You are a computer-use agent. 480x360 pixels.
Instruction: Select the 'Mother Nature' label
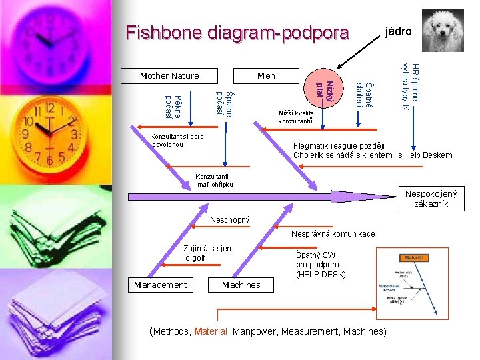(169, 75)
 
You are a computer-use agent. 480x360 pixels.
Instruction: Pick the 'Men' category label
(266, 75)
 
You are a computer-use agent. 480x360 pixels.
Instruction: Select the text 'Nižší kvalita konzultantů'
(295, 117)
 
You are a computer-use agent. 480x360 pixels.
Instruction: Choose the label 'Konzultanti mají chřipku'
(215, 180)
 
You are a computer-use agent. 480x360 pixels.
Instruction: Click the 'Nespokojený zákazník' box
(431, 199)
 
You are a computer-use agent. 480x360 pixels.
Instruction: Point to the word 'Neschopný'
(230, 219)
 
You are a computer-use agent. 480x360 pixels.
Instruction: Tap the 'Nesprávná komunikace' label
(333, 233)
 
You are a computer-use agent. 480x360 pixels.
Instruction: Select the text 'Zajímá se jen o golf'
(207, 253)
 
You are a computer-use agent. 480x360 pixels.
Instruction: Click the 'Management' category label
(161, 285)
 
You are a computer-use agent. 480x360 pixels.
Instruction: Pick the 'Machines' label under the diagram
(241, 285)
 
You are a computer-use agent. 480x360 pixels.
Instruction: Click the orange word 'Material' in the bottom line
(211, 331)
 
